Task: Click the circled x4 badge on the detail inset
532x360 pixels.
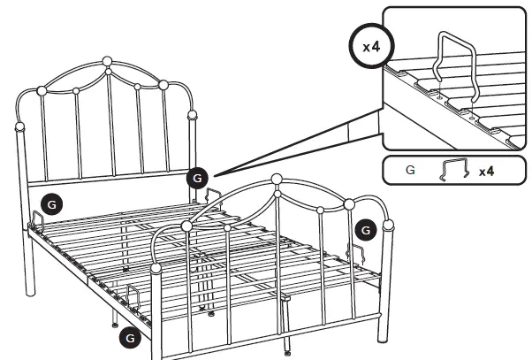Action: click(x=372, y=46)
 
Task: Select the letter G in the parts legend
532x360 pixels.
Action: click(x=410, y=170)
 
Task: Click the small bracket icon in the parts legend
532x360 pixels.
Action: click(x=453, y=170)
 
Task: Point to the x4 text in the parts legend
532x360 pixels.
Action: click(x=486, y=170)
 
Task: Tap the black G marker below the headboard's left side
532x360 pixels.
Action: click(x=52, y=203)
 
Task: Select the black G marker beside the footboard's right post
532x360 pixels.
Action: click(x=363, y=230)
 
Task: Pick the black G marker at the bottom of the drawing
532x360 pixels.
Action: click(x=129, y=336)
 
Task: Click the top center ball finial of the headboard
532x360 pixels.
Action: click(x=107, y=62)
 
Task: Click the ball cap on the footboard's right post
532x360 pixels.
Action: click(x=386, y=229)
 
